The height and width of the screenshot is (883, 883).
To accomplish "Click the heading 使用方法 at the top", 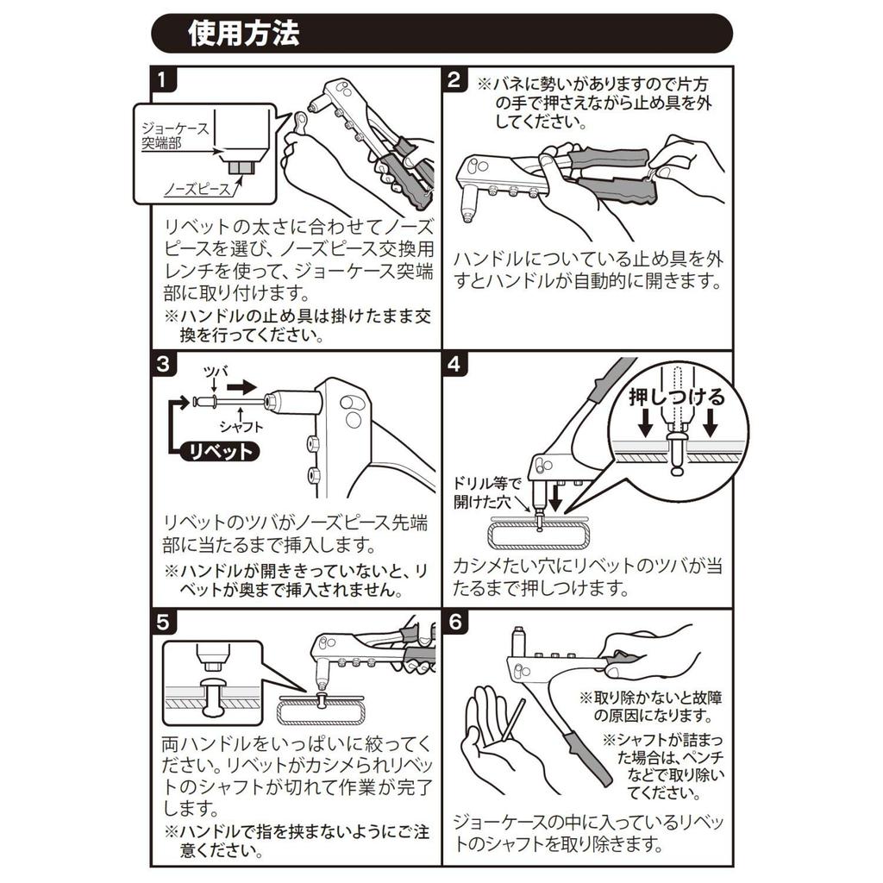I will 244,34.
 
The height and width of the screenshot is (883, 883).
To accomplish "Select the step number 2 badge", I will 455,81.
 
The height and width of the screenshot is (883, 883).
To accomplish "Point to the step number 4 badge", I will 455,364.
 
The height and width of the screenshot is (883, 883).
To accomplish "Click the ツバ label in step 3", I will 213,372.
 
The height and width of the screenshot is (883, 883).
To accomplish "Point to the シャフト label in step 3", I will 241,426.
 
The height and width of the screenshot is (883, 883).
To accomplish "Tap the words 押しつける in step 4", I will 677,398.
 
